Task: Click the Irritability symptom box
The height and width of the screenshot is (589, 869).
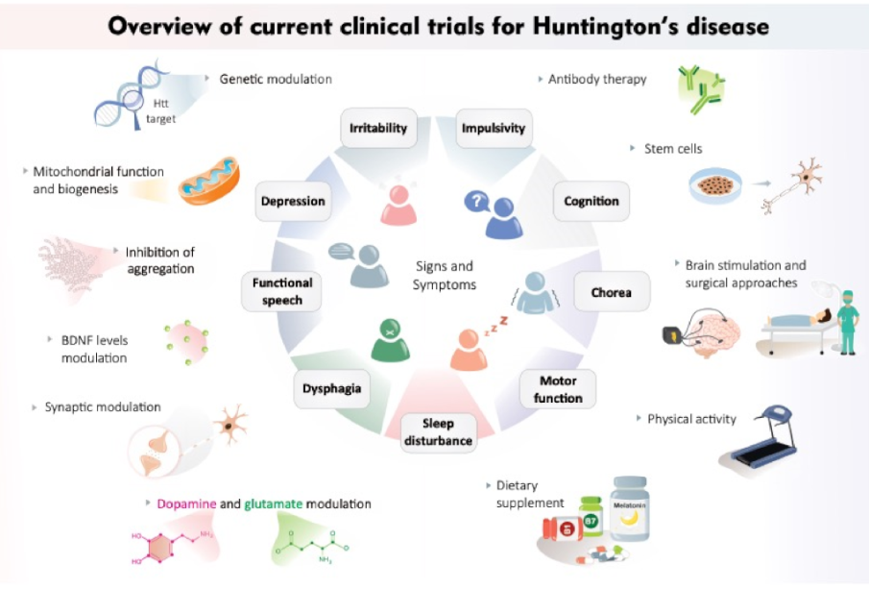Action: (378, 128)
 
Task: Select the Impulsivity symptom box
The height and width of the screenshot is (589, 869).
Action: (494, 128)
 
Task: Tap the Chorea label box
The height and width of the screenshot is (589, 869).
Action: (612, 292)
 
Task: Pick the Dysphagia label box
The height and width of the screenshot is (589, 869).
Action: (331, 388)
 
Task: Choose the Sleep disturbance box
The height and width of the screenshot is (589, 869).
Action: (439, 432)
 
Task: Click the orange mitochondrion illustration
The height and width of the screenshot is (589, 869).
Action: (209, 181)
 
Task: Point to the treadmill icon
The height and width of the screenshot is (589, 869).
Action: (760, 438)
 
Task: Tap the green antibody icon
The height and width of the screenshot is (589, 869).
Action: (701, 88)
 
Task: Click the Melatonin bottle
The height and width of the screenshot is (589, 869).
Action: (630, 508)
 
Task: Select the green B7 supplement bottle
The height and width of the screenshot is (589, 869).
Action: (591, 516)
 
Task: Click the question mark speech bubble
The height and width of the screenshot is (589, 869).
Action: (476, 202)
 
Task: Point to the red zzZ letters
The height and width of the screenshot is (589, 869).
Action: (496, 326)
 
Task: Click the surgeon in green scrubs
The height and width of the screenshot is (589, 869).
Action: (847, 322)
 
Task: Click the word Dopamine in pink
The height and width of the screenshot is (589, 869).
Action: (187, 503)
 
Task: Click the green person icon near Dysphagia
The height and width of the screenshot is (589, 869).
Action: (391, 340)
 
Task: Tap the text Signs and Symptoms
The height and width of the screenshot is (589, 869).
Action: (445, 275)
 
